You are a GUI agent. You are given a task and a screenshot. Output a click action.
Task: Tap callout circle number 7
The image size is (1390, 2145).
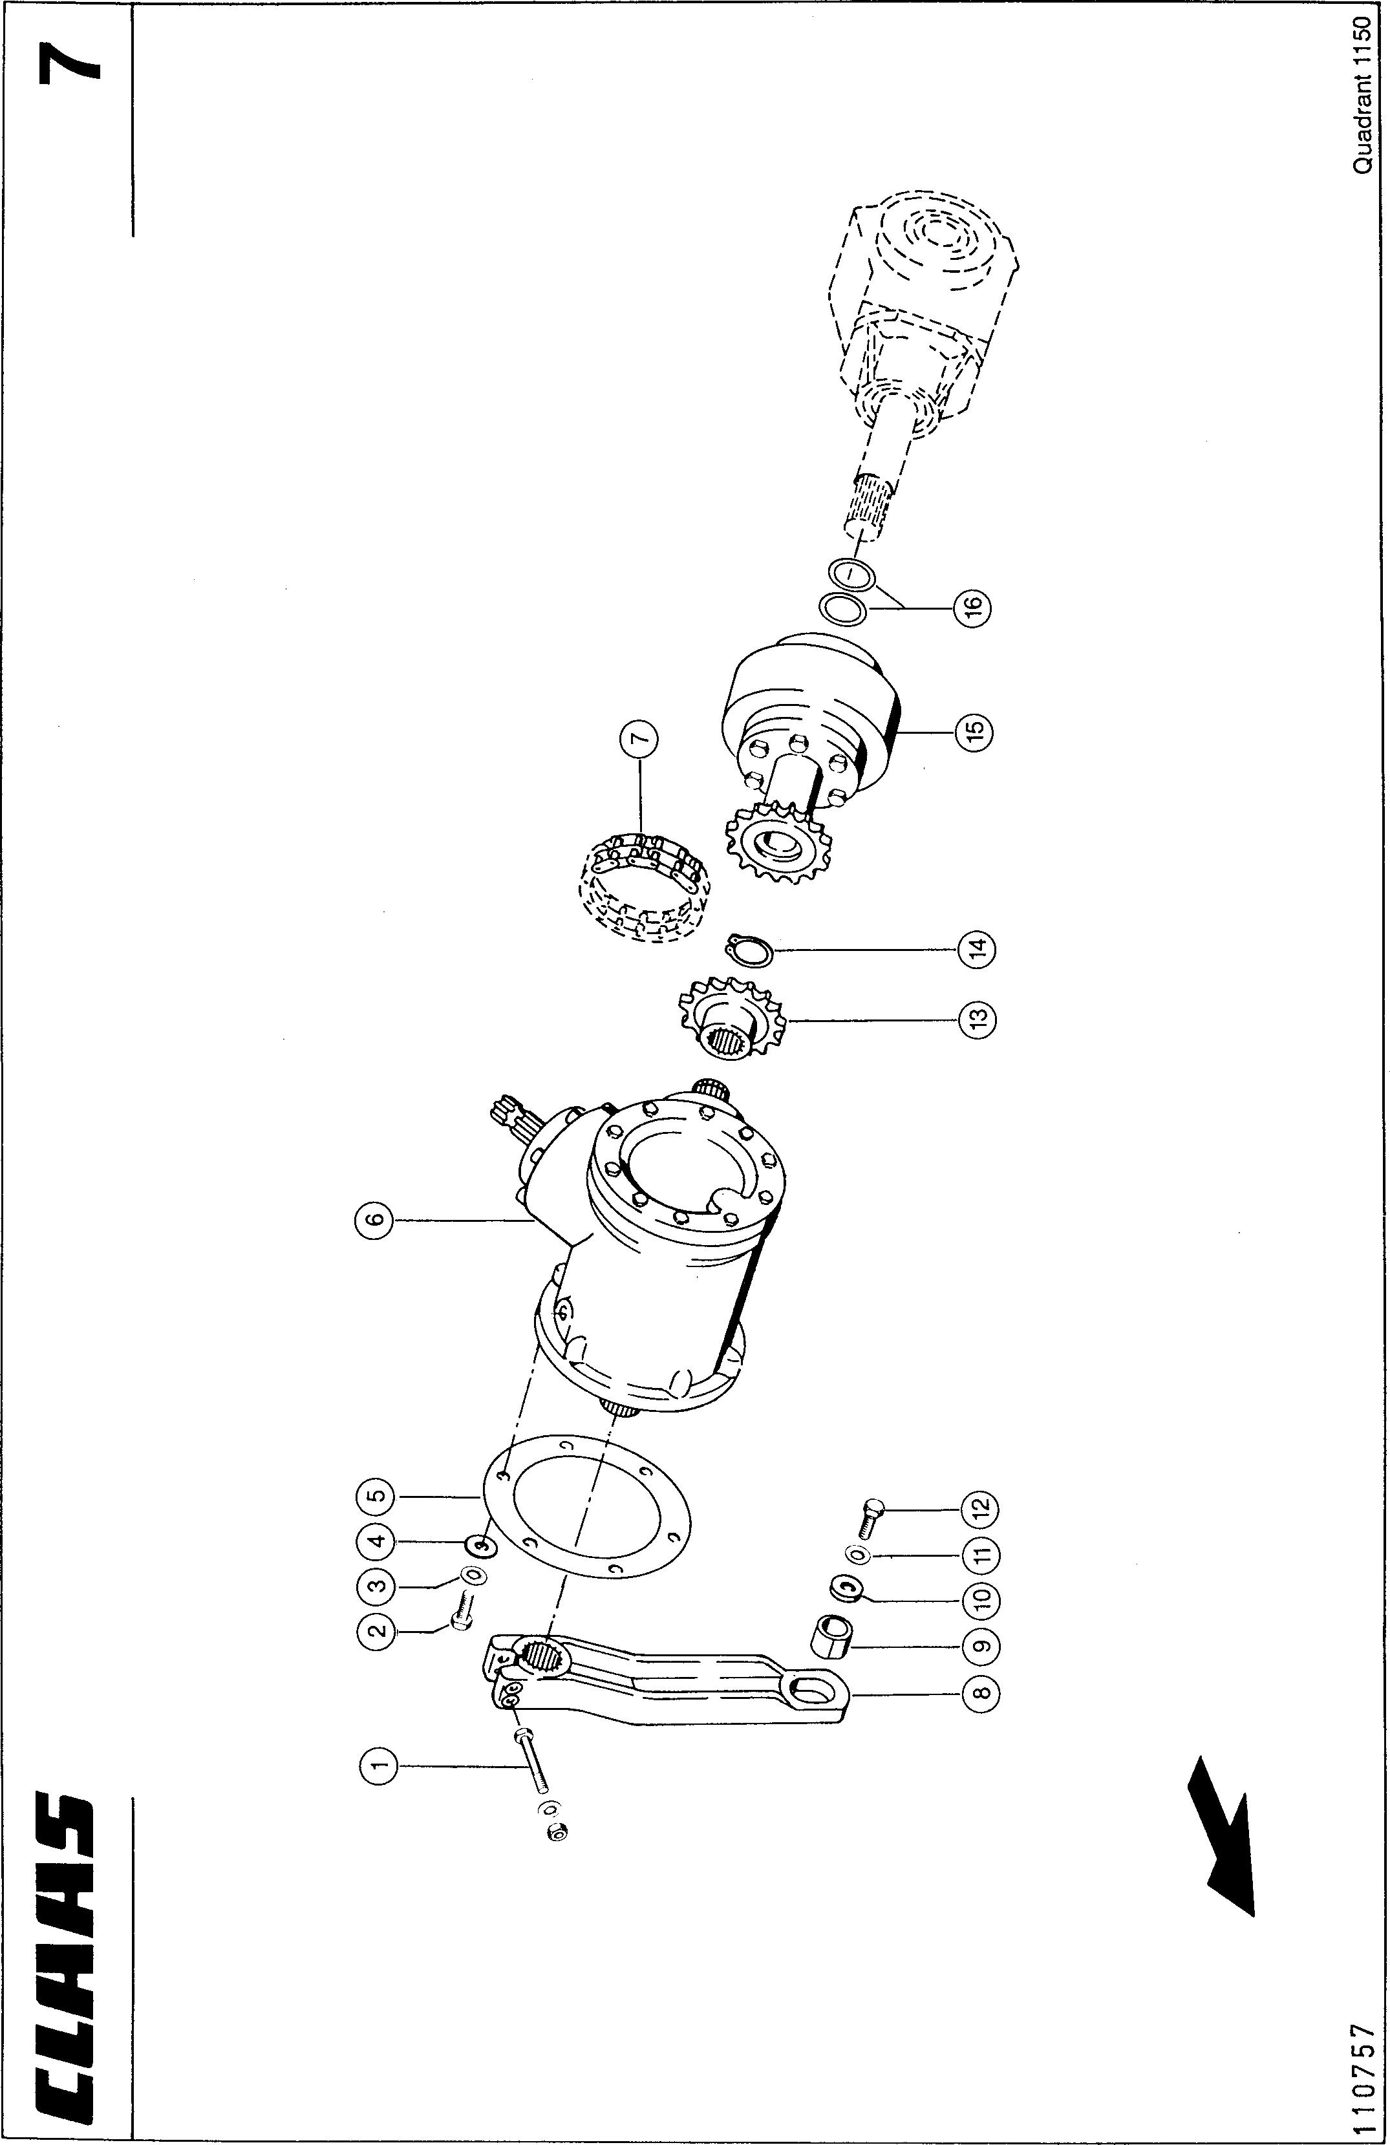tap(639, 741)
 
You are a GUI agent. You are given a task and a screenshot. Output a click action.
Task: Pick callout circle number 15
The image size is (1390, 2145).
tap(974, 731)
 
